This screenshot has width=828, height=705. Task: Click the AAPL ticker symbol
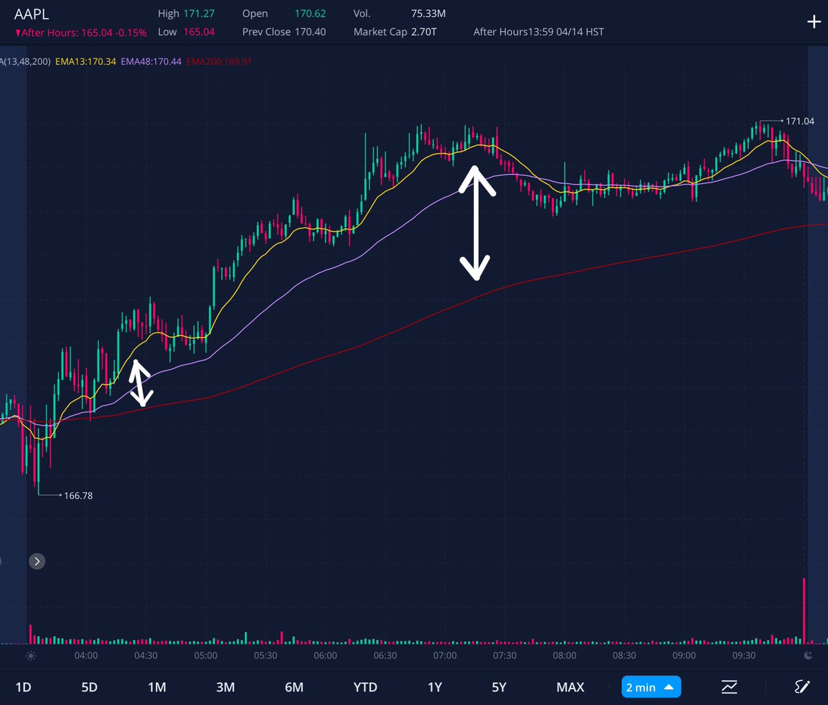click(32, 14)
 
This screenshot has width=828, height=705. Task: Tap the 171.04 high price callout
click(800, 121)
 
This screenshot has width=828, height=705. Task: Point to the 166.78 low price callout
click(78, 496)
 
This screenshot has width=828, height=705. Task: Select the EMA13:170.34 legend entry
click(86, 61)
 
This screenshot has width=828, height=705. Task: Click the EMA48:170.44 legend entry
click(151, 61)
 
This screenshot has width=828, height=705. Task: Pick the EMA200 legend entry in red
click(219, 61)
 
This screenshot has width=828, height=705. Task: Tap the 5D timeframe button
click(90, 687)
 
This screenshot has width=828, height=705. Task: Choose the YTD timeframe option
click(365, 687)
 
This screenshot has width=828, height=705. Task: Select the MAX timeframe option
click(570, 687)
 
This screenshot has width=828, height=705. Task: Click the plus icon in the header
click(814, 22)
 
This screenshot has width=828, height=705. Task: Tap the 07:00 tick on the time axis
click(445, 655)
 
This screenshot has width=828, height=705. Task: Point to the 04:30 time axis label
click(146, 655)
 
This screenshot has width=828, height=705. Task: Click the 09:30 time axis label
click(744, 655)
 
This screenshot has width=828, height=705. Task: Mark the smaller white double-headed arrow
click(140, 383)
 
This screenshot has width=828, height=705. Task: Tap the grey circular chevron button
click(37, 561)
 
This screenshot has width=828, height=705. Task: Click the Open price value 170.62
click(310, 14)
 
